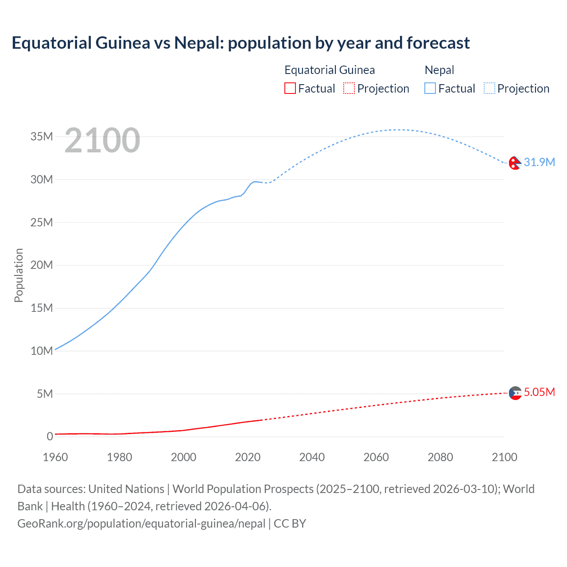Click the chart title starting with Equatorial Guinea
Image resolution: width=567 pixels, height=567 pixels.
(x=241, y=43)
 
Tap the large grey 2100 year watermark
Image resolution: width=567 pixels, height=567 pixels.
(x=102, y=140)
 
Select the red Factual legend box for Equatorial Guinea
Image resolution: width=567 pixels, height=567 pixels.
(x=290, y=89)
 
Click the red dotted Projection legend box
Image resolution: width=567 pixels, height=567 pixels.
(x=349, y=89)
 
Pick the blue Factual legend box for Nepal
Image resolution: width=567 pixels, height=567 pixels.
(x=430, y=89)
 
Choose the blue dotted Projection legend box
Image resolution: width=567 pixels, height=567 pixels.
(x=489, y=89)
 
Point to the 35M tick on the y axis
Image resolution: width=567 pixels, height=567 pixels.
(x=42, y=136)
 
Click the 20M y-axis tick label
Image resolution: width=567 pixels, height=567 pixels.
(x=42, y=265)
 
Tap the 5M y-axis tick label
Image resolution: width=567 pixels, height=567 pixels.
(x=45, y=394)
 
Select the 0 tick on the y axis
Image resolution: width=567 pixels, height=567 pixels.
(x=50, y=437)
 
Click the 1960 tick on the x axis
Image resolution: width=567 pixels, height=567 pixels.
(x=55, y=457)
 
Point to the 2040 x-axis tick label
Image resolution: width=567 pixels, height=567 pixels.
(x=312, y=457)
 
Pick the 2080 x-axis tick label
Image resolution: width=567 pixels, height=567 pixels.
(x=440, y=457)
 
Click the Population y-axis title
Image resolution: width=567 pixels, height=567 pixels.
(x=19, y=275)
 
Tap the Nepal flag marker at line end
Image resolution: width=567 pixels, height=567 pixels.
(x=515, y=163)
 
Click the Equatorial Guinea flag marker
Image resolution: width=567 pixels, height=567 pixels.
(x=515, y=393)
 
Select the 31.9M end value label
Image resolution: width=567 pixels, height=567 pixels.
(x=539, y=163)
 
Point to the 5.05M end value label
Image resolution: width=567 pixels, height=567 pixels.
(x=539, y=392)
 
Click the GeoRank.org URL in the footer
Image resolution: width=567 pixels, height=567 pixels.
(x=141, y=524)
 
